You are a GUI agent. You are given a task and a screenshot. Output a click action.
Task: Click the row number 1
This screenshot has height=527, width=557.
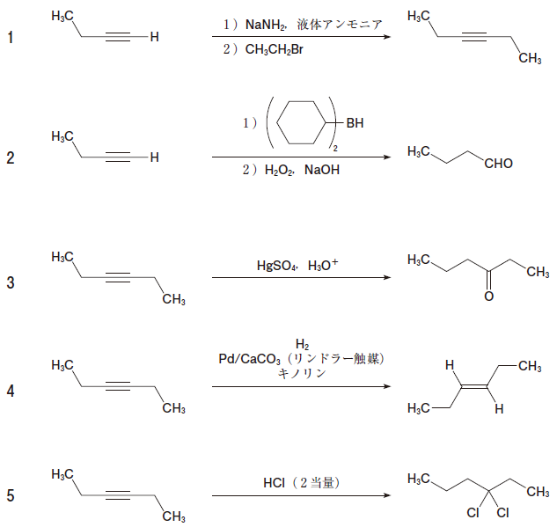point(11,38)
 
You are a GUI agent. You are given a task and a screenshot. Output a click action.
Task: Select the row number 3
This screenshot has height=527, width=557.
point(11,282)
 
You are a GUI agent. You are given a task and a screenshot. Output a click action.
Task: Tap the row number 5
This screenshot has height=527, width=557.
point(11,496)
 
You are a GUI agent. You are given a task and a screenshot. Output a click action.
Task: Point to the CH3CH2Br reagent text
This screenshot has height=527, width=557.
point(275,50)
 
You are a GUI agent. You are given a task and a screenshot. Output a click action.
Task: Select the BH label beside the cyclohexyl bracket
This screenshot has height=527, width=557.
point(355,124)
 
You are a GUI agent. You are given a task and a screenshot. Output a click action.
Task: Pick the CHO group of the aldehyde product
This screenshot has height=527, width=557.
point(497,165)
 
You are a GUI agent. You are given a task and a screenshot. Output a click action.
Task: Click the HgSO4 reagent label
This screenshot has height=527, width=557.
point(275,264)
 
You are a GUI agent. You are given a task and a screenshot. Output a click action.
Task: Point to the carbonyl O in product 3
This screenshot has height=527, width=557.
point(489,296)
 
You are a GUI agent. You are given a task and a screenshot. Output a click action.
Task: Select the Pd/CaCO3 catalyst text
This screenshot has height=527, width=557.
point(249,359)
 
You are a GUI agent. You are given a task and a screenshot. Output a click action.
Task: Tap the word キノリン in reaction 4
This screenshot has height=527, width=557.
point(302,374)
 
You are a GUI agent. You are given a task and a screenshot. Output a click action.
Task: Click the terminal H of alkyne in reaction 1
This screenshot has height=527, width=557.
point(154,38)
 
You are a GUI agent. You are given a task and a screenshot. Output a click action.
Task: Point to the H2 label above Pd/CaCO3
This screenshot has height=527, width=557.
point(302,344)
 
